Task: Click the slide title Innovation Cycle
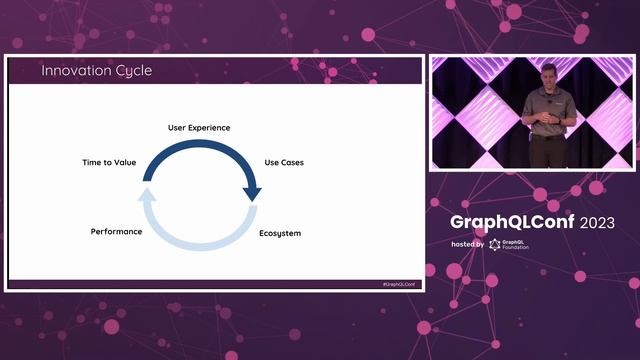[95, 71]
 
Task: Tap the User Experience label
[198, 128]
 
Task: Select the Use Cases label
[283, 161]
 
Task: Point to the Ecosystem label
[280, 233]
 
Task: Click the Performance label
[116, 231]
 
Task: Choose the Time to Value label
[108, 161]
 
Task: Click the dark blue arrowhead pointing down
[252, 192]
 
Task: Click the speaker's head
[547, 72]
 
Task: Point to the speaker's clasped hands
[546, 118]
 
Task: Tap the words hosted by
[467, 245]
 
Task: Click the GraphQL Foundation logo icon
[495, 245]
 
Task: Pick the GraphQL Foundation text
[516, 245]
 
